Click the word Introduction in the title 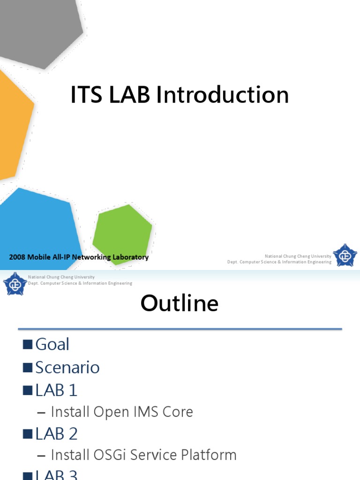[222, 95]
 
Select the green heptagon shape [122, 233]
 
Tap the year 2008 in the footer [17, 257]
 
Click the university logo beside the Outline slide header [15, 283]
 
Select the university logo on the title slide [345, 256]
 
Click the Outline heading [180, 303]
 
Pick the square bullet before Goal [28, 345]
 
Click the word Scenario [67, 367]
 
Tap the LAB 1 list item [56, 390]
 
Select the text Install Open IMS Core [121, 412]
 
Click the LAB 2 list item [56, 434]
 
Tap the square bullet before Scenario [28, 367]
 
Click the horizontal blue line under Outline [180, 329]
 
